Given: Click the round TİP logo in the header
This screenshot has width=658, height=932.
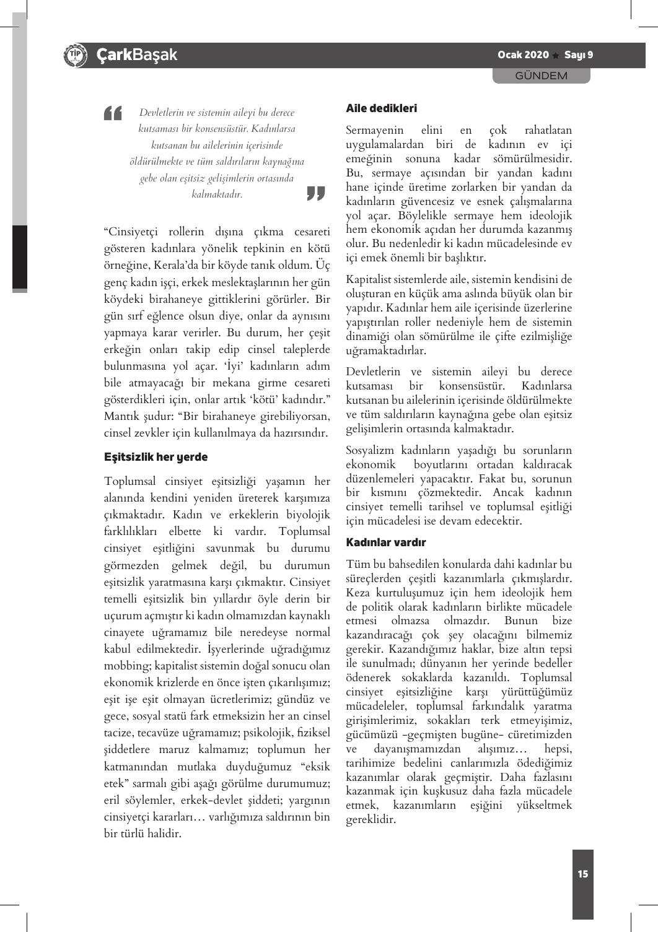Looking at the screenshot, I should coord(76,55).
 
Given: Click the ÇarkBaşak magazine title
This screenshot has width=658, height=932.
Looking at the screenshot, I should coord(136,55).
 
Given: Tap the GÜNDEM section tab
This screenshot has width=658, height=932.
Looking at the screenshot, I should coord(542,76).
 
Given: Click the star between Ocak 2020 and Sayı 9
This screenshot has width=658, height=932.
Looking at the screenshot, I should coord(556,56).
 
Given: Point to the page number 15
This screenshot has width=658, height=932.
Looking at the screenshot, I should coord(582,874).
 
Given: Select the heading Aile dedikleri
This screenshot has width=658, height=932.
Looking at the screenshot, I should coord(381,108).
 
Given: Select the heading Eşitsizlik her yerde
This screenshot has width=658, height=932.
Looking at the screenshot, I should coord(156,457).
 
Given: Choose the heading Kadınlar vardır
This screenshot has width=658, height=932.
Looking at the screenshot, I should coord(385,542).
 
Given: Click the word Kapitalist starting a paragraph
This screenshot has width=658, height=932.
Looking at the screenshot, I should coord(371,279).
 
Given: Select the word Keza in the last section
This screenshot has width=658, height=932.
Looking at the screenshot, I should coord(358,592).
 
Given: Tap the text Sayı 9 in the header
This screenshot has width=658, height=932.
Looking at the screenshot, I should coord(579,55).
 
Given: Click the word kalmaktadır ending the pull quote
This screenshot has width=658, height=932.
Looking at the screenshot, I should coord(217,194).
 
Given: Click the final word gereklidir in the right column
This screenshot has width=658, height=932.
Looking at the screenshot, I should coord(371,819).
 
